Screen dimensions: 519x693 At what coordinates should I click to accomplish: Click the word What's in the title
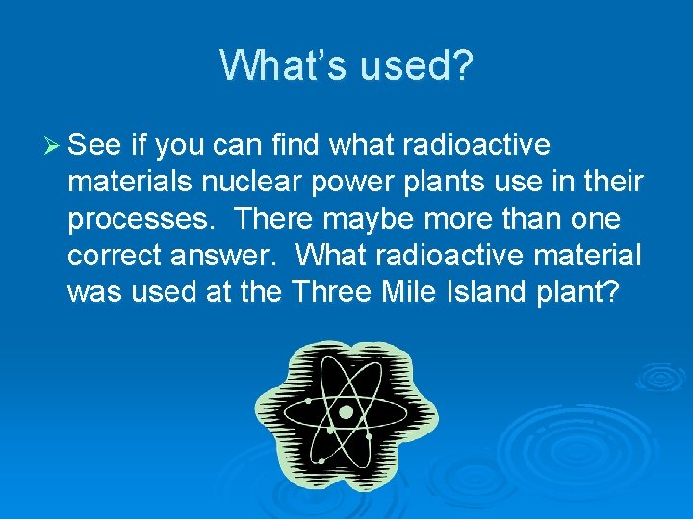coord(285,65)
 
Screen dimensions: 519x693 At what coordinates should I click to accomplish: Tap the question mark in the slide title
coord(461,65)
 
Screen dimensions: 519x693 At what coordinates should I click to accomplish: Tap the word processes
coord(142,220)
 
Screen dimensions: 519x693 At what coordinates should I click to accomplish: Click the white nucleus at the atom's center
coord(345,412)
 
